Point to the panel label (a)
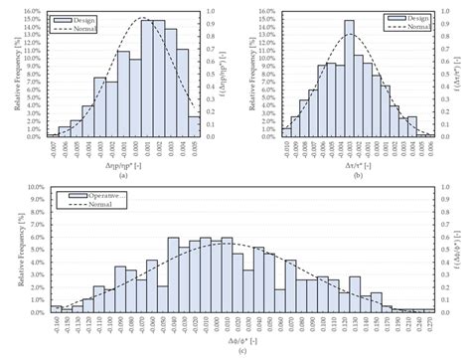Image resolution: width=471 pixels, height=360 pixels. tap(121, 175)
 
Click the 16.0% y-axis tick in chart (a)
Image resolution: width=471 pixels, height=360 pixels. tap(30, 13)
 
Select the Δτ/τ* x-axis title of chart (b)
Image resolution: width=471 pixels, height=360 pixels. tap(349, 165)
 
